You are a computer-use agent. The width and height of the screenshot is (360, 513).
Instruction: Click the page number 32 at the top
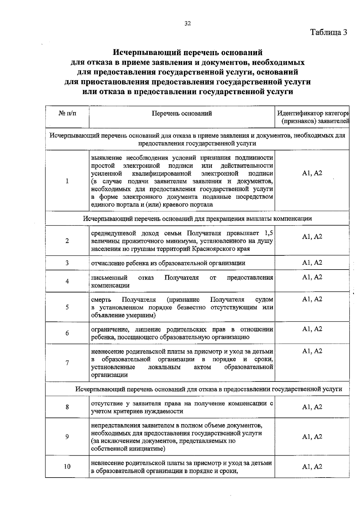point(188,24)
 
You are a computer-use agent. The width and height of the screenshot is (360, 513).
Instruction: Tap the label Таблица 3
point(328,32)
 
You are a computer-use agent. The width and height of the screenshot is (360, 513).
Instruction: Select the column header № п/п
point(67,113)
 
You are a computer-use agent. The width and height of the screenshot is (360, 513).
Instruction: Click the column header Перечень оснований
point(182,113)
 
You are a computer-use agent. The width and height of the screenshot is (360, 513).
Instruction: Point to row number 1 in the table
point(67,181)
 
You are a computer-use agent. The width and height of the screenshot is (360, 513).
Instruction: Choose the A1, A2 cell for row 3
point(312,263)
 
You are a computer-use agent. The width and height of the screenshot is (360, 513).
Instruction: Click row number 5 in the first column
point(67,307)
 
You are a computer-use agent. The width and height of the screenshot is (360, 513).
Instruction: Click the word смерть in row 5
point(101,300)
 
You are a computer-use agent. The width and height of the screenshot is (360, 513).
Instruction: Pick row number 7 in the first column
point(67,363)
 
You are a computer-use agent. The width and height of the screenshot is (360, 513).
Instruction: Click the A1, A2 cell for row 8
point(312,407)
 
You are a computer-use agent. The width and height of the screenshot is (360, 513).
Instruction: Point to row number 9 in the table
point(67,437)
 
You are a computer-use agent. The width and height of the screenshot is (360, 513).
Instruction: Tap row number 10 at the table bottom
point(67,467)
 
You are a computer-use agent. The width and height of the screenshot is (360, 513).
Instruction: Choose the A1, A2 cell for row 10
point(312,467)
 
